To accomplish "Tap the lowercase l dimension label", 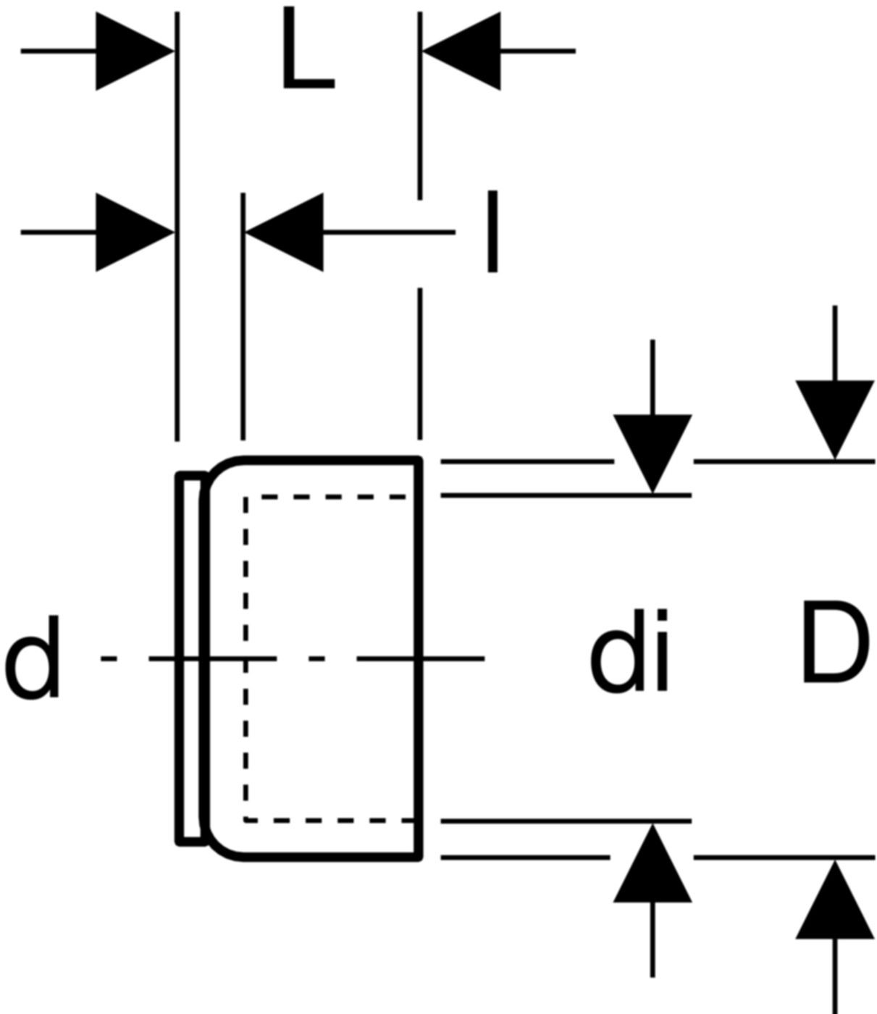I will [x=492, y=231].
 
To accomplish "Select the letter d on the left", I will [x=33, y=658].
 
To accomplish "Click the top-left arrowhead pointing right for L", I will [x=134, y=51].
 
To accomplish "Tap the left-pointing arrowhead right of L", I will [x=462, y=51].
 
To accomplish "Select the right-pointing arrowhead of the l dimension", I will [x=134, y=232].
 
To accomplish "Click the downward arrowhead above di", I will [x=652, y=453].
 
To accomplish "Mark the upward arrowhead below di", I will [x=652, y=864].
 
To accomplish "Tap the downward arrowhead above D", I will [x=835, y=419].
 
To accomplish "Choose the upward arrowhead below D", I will [x=835, y=900].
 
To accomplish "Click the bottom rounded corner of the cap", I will [x=219, y=848].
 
